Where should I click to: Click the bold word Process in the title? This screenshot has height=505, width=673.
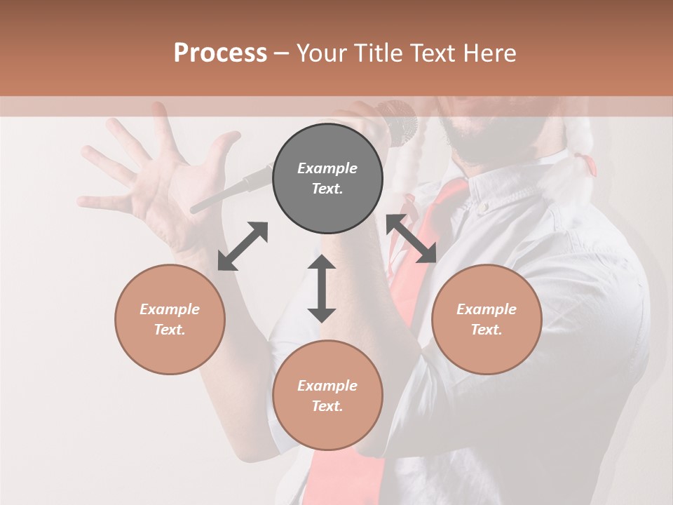tap(220, 53)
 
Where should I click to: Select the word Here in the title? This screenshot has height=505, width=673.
tap(489, 53)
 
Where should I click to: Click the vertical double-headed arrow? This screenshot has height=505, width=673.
tap(322, 288)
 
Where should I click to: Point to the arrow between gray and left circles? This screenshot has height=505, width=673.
tap(243, 246)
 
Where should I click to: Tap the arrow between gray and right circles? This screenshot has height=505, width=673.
tap(412, 238)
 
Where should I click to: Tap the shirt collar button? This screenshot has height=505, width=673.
tap(483, 207)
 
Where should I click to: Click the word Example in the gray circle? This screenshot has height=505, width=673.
tap(327, 168)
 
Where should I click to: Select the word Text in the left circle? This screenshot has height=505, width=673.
tap(169, 330)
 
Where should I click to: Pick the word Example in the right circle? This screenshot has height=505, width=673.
tap(487, 309)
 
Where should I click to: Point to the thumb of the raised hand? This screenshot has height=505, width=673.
tap(226, 144)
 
